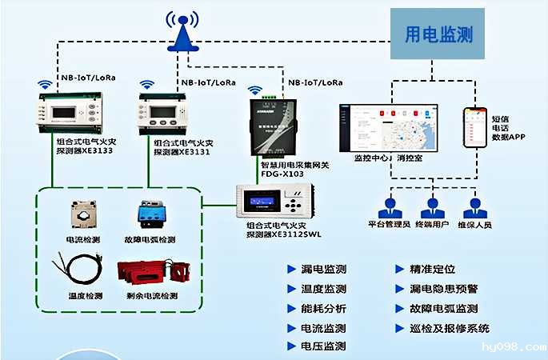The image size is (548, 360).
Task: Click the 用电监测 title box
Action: coord(437,34)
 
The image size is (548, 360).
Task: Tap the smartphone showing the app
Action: coord(475,126)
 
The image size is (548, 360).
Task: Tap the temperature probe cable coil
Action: coord(81,271)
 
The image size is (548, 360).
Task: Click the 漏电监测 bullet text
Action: coord(322,270)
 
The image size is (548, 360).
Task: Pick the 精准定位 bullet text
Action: coord(431,270)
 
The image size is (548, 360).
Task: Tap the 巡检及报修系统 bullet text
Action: coord(449,328)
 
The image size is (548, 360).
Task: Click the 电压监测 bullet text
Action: coord(322,346)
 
